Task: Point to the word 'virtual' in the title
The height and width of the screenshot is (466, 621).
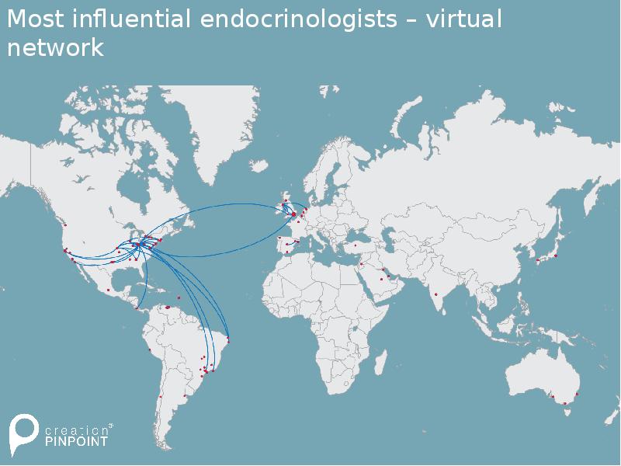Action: (x=463, y=19)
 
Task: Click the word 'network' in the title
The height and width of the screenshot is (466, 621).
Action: (x=55, y=47)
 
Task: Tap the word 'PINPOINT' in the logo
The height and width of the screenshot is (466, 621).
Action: (x=75, y=440)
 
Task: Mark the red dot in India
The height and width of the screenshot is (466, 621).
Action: (x=436, y=294)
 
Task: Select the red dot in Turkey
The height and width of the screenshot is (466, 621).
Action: (x=355, y=245)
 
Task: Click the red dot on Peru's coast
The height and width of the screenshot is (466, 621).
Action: (x=150, y=350)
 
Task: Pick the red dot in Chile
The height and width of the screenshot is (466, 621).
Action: (x=161, y=397)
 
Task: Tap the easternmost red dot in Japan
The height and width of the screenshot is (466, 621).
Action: (x=556, y=255)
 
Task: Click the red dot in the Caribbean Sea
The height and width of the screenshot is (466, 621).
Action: (x=179, y=297)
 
